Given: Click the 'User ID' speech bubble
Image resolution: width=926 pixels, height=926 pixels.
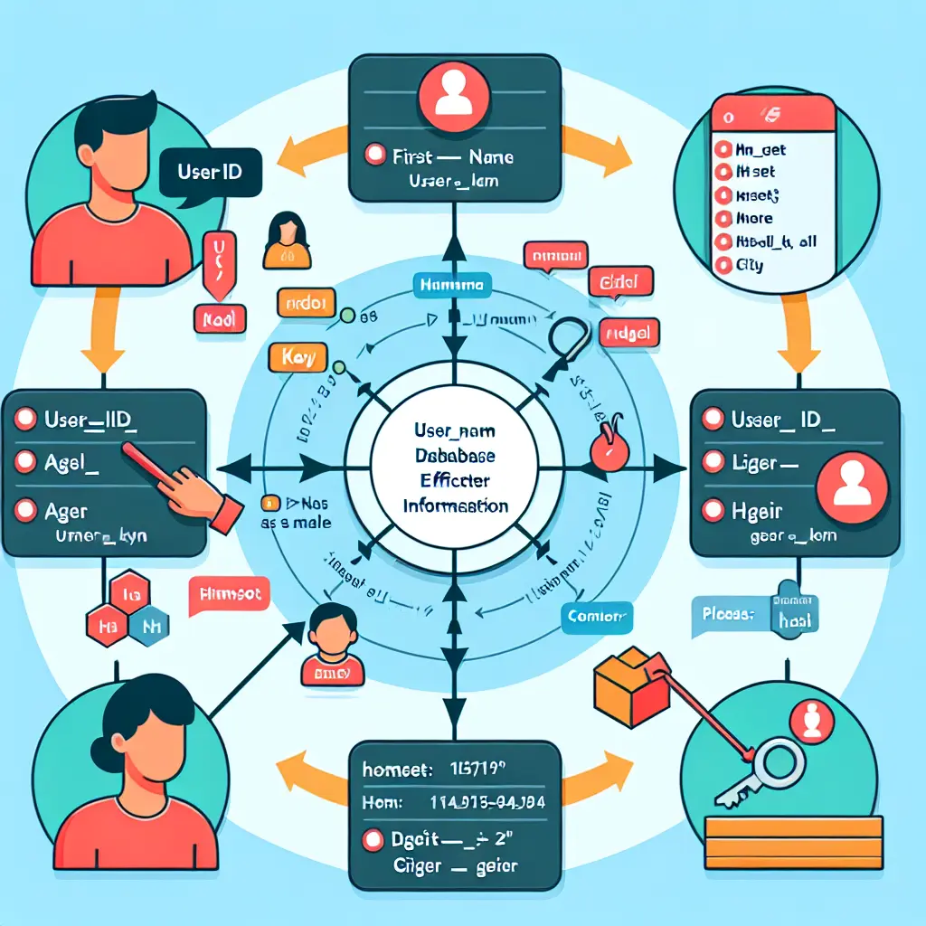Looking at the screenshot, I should (x=210, y=172).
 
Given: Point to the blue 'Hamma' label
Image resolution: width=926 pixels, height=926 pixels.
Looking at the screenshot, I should (x=452, y=285).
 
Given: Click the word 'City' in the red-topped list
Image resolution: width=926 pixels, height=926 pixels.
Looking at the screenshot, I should (x=751, y=266).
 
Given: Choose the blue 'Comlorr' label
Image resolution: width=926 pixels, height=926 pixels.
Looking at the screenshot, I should (x=597, y=618).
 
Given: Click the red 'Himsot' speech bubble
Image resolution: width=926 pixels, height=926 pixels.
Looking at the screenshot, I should (x=228, y=596).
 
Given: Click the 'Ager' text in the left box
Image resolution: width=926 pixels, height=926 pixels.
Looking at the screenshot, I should (x=66, y=511).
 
